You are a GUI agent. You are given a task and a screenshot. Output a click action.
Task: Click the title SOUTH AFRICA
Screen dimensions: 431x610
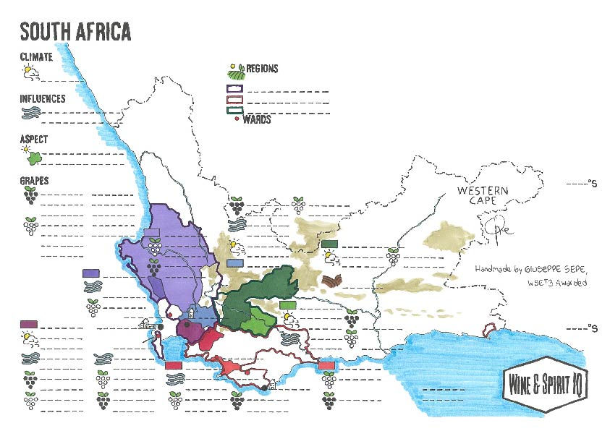(75, 32)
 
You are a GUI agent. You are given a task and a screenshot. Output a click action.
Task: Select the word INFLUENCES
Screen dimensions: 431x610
(43, 98)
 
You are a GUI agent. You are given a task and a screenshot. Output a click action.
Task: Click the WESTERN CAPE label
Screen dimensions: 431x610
(483, 195)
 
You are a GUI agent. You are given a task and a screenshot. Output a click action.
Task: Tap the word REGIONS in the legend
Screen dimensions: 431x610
(262, 69)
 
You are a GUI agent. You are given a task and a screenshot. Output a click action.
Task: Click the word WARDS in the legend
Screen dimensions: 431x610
(257, 120)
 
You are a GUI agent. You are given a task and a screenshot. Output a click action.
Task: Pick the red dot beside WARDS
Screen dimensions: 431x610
(237, 119)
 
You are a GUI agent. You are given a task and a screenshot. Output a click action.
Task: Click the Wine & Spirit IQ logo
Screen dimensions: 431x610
(546, 377)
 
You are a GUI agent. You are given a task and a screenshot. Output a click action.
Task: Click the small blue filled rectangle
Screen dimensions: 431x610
(234, 264)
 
